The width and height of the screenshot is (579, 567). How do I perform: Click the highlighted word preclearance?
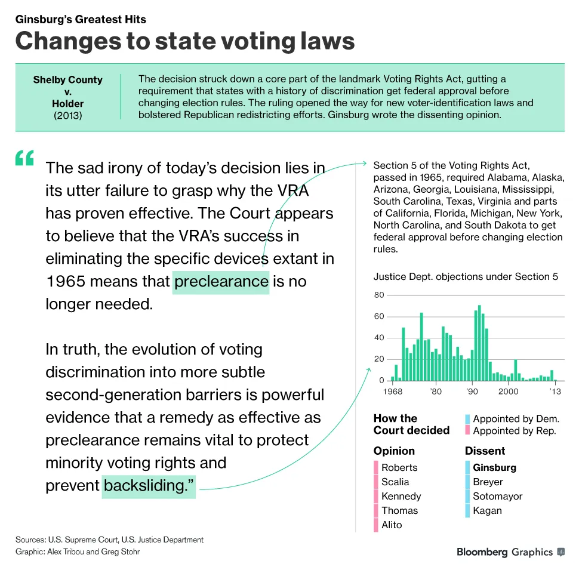tap(221, 281)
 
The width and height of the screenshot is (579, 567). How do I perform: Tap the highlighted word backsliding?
tap(149, 485)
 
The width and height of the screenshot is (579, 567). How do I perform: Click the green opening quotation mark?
tap(25, 158)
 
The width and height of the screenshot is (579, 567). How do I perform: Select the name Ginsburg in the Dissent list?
tap(494, 467)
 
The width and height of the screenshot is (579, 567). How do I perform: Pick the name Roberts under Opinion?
tap(399, 467)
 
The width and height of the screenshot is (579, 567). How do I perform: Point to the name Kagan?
tap(487, 510)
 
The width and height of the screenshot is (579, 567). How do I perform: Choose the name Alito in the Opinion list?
tap(392, 525)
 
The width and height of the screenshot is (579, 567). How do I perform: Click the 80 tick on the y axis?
tap(379, 295)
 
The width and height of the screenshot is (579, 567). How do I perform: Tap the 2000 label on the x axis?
tap(508, 392)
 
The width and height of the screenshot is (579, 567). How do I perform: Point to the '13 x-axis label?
tap(555, 392)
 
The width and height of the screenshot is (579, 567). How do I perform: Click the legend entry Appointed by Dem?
tap(516, 418)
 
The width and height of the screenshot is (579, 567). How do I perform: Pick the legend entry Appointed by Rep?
tap(514, 430)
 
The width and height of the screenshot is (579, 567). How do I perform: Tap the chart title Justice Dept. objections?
tap(466, 276)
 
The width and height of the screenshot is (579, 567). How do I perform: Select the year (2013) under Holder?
tap(67, 115)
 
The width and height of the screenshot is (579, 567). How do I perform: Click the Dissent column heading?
tap(485, 451)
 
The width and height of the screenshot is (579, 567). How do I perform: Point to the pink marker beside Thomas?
tap(376, 510)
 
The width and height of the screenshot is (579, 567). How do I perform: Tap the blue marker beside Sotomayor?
tap(467, 496)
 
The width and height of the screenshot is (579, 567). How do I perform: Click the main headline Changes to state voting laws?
tap(185, 41)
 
